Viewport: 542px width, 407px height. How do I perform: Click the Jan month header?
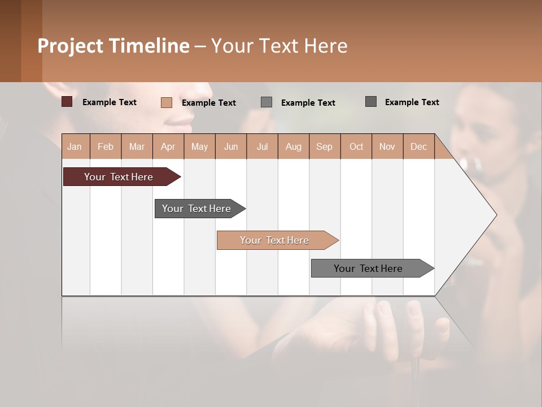(75, 147)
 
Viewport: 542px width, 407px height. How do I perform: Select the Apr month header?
(168, 147)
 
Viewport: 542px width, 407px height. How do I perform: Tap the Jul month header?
(262, 147)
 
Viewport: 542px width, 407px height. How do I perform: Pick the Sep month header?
(324, 147)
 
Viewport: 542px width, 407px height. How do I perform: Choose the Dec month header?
(418, 147)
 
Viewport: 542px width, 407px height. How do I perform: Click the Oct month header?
(356, 147)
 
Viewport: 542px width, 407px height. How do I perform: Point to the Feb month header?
(106, 147)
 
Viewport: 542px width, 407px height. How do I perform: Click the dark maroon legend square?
(67, 102)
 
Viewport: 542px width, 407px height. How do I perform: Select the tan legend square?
(166, 102)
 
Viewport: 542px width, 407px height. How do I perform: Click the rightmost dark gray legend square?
(371, 102)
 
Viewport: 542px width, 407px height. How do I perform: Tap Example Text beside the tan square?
(208, 103)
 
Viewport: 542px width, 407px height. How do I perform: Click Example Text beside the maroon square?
(109, 102)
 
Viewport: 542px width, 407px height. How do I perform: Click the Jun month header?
(231, 147)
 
